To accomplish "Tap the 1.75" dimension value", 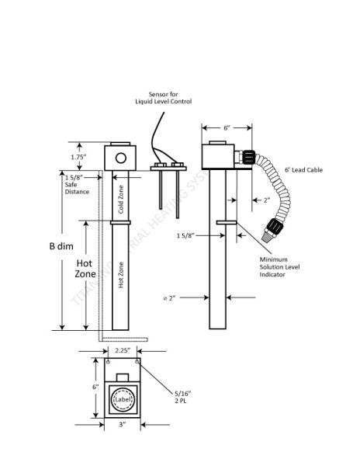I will [x=78, y=156].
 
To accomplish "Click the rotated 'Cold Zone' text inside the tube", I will [x=120, y=199].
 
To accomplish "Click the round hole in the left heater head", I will [x=120, y=158].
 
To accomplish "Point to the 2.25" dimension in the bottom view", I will [x=123, y=350].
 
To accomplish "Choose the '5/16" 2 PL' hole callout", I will [x=183, y=397].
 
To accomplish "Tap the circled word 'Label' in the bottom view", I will [x=123, y=399].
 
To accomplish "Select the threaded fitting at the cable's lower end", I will [x=272, y=228].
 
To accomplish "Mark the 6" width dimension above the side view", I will [x=227, y=127].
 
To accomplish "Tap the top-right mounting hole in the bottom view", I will [x=137, y=362].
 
